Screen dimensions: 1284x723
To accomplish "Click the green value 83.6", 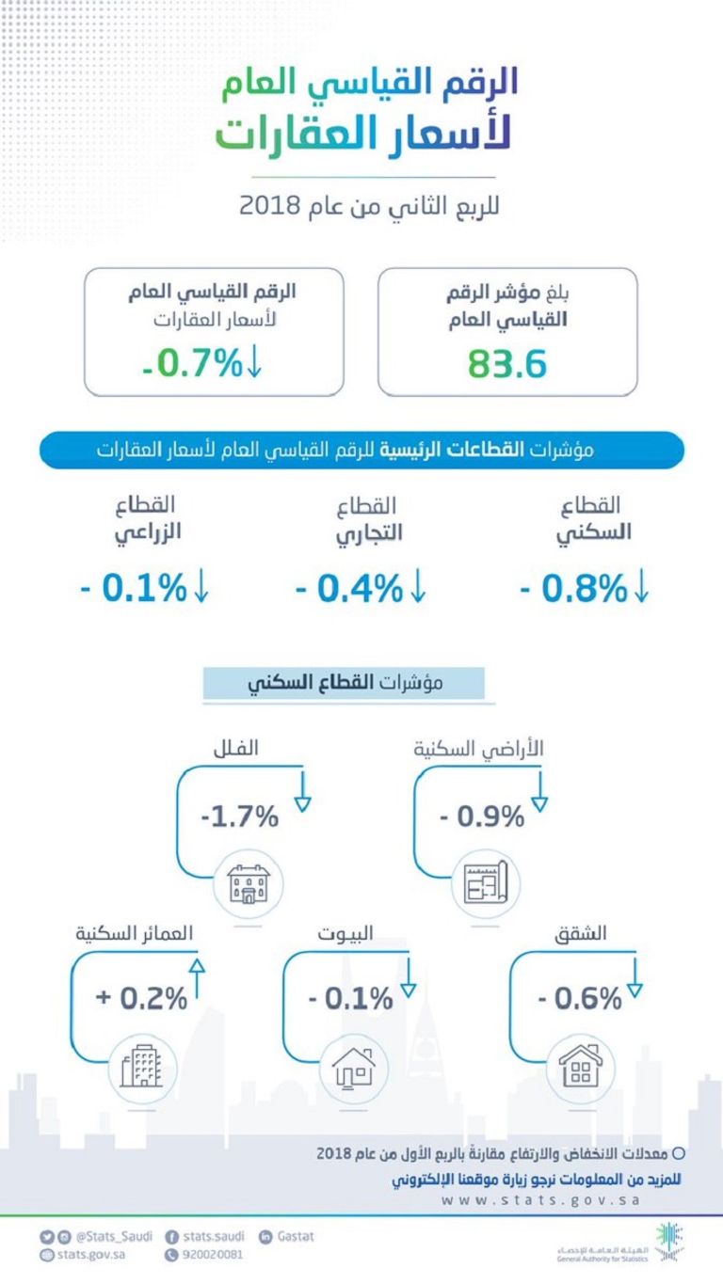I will pyautogui.click(x=507, y=363).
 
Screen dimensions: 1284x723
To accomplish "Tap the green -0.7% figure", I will pyautogui.click(x=194, y=363).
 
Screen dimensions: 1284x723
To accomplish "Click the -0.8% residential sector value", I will pyautogui.click(x=573, y=589).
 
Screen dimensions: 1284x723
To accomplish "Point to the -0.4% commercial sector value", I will pyautogui.click(x=349, y=589).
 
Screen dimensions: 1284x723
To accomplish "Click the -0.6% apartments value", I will pyautogui.click(x=580, y=998).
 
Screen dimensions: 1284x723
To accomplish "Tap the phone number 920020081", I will pyautogui.click(x=212, y=1255).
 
